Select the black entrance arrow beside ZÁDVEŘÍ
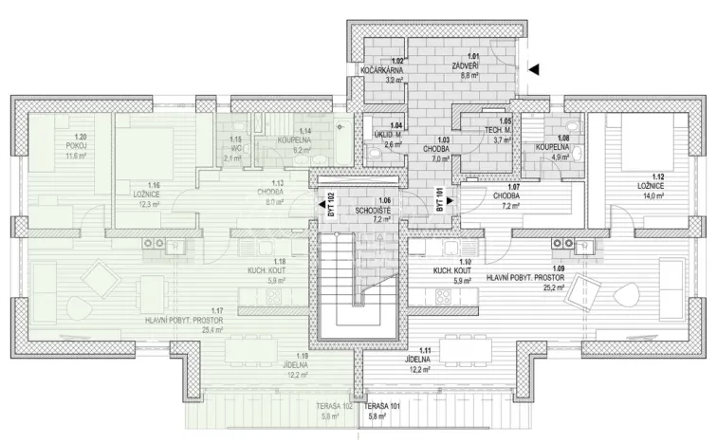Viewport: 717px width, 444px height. tap(534, 68)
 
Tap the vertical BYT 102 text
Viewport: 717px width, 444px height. tap(330, 206)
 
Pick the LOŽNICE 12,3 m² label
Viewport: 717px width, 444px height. tap(154, 194)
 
